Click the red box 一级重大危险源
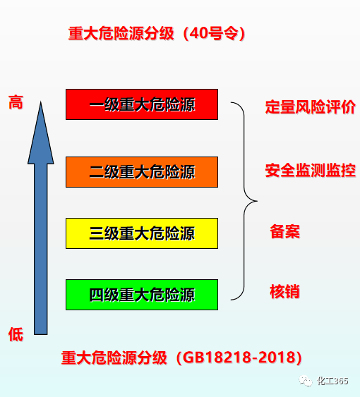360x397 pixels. coord(142,104)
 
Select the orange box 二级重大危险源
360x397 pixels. coord(142,172)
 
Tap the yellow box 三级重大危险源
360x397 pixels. coord(142,233)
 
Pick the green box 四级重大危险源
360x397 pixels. coord(142,295)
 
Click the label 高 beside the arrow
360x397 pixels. coord(16,102)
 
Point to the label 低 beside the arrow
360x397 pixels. coord(16,334)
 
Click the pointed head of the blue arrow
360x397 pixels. coord(40,102)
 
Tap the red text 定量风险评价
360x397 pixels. coord(310,107)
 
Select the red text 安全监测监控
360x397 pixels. coord(310,170)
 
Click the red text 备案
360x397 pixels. coord(284,231)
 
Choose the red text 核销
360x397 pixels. coord(284,292)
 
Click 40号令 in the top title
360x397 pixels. coord(214,33)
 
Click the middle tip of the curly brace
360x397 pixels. coord(257,201)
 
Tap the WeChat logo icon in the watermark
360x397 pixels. coord(305,381)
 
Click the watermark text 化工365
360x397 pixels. coord(332,381)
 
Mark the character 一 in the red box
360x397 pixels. coord(97,104)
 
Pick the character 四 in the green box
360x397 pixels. coord(97,295)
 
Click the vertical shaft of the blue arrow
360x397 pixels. coord(40,249)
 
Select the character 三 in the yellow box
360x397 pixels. coord(97,233)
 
